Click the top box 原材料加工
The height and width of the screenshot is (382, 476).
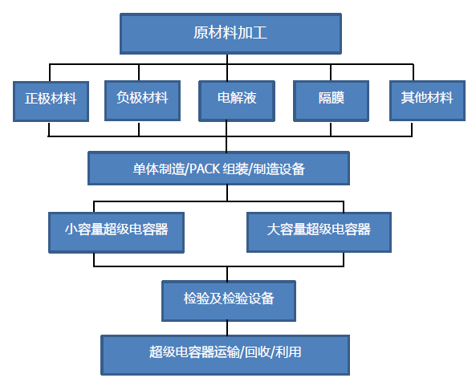[x=231, y=33]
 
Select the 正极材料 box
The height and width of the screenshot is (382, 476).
[x=50, y=100]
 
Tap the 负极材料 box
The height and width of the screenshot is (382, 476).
[x=141, y=100]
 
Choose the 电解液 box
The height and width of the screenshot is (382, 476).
[x=236, y=100]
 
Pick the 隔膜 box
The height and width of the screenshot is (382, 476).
[x=331, y=100]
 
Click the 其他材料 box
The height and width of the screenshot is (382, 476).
[x=426, y=100]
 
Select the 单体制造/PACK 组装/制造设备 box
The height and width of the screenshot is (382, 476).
[x=218, y=169]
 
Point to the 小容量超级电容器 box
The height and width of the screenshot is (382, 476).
[x=116, y=229]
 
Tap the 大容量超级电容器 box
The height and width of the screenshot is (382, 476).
[x=318, y=229]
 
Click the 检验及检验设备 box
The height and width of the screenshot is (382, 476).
[x=229, y=299]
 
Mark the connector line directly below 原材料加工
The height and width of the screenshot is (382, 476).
[x=231, y=58]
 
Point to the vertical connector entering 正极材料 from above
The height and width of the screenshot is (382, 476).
[x=50, y=72]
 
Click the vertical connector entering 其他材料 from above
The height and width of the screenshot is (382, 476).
[x=426, y=72]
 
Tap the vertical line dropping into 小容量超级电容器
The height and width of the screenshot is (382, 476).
[x=95, y=205]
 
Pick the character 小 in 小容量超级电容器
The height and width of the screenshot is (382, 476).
[x=71, y=229]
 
